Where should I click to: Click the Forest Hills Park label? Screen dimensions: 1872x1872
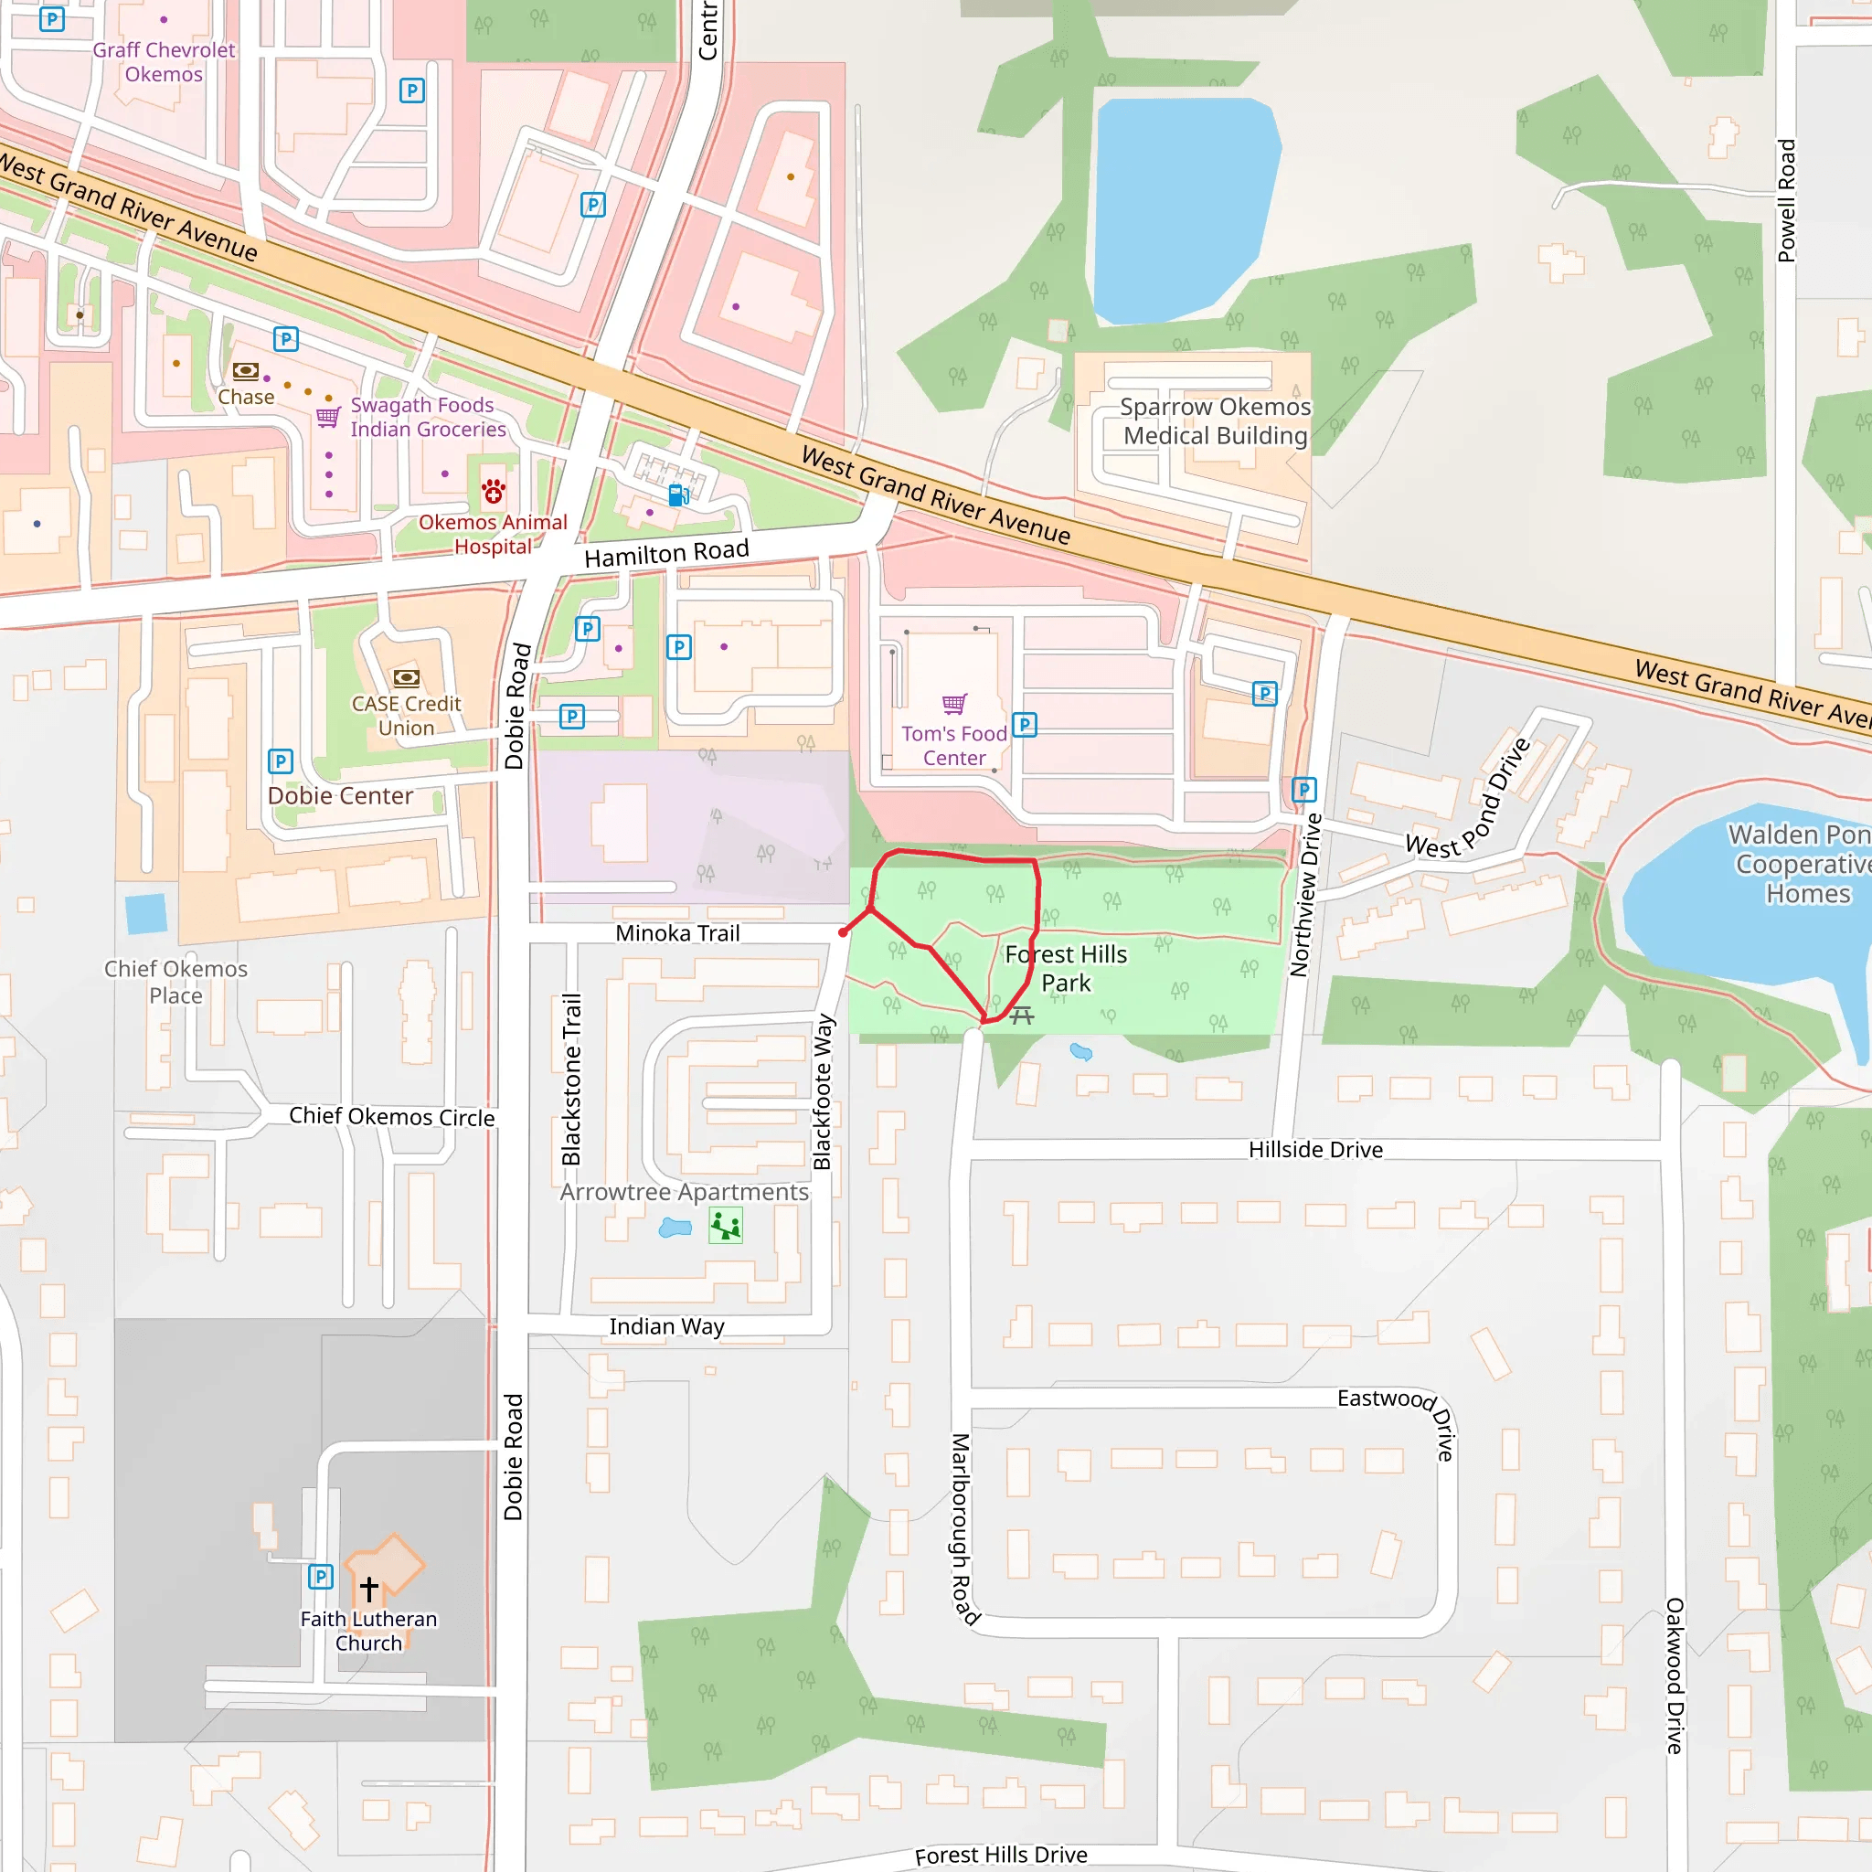click(1066, 968)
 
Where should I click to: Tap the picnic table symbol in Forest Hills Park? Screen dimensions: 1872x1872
click(1021, 1016)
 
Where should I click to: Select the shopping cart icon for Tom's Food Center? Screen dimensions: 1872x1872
click(954, 704)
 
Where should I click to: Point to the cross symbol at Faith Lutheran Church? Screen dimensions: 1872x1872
click(369, 1588)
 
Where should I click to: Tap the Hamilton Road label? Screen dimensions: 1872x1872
click(666, 553)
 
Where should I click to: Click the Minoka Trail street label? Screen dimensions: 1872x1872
click(677, 933)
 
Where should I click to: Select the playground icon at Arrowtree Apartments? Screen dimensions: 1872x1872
click(726, 1226)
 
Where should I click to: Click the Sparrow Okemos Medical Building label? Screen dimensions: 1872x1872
click(1215, 420)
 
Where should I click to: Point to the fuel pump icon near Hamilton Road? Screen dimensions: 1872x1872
click(679, 495)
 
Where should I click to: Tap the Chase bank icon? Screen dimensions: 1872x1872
click(245, 371)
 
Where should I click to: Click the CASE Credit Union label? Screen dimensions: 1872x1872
click(406, 715)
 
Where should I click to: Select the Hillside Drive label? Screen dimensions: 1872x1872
click(1314, 1149)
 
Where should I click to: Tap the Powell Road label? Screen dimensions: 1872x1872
click(1786, 200)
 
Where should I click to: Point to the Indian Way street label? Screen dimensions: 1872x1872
click(666, 1325)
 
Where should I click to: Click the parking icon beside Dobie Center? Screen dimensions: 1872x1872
click(280, 760)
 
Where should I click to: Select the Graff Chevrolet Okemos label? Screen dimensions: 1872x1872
click(164, 62)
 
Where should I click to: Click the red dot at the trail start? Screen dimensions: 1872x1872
click(843, 932)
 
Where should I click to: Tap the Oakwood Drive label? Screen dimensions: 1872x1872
click(1675, 1675)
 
